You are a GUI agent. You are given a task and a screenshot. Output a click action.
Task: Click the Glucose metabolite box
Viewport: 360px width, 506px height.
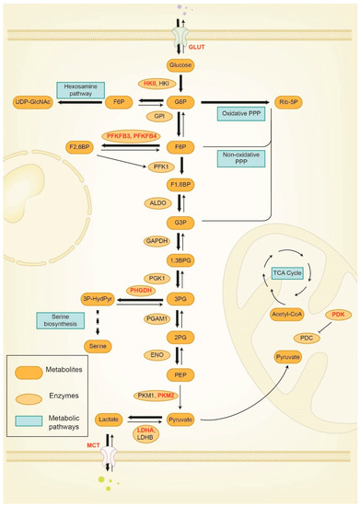point(180,64)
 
